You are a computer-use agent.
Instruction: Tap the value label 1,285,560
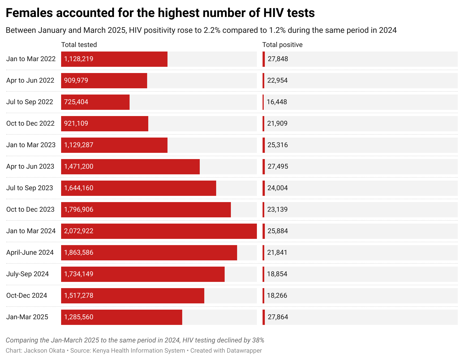pos(79,317)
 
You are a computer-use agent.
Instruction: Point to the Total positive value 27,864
pos(278,317)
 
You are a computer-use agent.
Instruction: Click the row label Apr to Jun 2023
pos(30,166)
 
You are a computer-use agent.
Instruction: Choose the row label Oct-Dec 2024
pos(27,295)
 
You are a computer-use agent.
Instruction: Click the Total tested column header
pos(79,45)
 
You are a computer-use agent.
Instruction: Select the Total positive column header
pos(282,45)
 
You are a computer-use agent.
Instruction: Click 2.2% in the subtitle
pos(212,30)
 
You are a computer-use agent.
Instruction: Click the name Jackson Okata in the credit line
pos(44,351)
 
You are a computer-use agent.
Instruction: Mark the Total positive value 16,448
pos(277,102)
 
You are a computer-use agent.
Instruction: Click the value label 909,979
pos(76,80)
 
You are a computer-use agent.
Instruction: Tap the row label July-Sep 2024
pos(27,274)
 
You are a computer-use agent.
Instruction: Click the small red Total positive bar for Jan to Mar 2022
pos(264,59)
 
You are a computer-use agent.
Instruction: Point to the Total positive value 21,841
pos(277,252)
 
